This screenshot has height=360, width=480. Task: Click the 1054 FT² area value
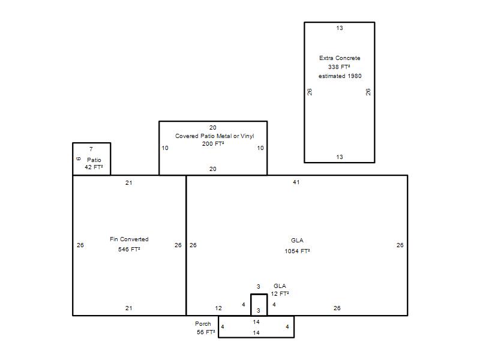coord(297,251)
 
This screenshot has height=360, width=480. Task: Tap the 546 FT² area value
coord(129,249)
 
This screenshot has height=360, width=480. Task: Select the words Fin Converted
coord(129,239)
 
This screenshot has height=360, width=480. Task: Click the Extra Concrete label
coord(340,58)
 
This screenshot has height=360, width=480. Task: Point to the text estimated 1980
coord(340,76)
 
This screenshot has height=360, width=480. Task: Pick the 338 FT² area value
coord(339,67)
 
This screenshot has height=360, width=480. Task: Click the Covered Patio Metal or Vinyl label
coord(215,136)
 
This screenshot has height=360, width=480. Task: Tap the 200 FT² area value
coord(213,143)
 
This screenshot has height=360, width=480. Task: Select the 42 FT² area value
coord(94,167)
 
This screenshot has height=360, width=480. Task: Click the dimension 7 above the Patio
coord(91,149)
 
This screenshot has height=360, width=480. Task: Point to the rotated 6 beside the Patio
coord(79,158)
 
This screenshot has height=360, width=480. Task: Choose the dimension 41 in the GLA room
coord(296,182)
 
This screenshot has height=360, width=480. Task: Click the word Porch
coord(203,323)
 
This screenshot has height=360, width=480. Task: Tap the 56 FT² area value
coord(206,332)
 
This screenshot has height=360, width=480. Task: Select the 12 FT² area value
coord(280,294)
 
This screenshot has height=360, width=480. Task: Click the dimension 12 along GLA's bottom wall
coord(218,308)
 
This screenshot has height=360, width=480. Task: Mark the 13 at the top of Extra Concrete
coord(340,28)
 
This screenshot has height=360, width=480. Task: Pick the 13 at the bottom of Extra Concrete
coord(340,157)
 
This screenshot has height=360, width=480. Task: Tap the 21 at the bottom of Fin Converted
coord(129,308)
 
